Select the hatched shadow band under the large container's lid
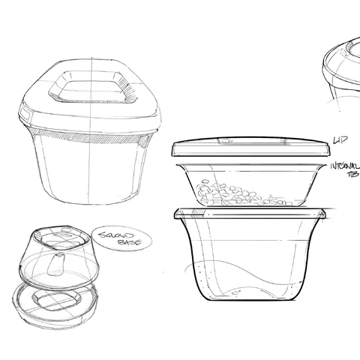pyautogui.click(x=90, y=137)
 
